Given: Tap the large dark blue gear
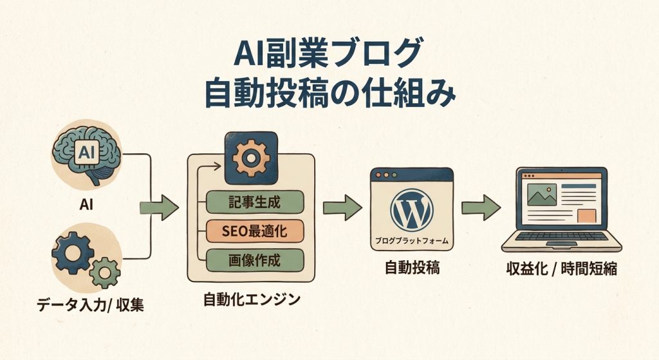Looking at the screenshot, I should (72, 252).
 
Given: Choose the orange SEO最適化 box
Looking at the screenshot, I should (254, 230).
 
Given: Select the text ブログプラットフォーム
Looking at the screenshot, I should (412, 241).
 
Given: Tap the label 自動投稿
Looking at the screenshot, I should (413, 268).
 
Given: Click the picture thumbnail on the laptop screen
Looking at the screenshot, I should (541, 193).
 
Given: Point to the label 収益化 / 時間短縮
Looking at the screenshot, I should (562, 269).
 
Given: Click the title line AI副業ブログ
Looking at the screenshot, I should (329, 53).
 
